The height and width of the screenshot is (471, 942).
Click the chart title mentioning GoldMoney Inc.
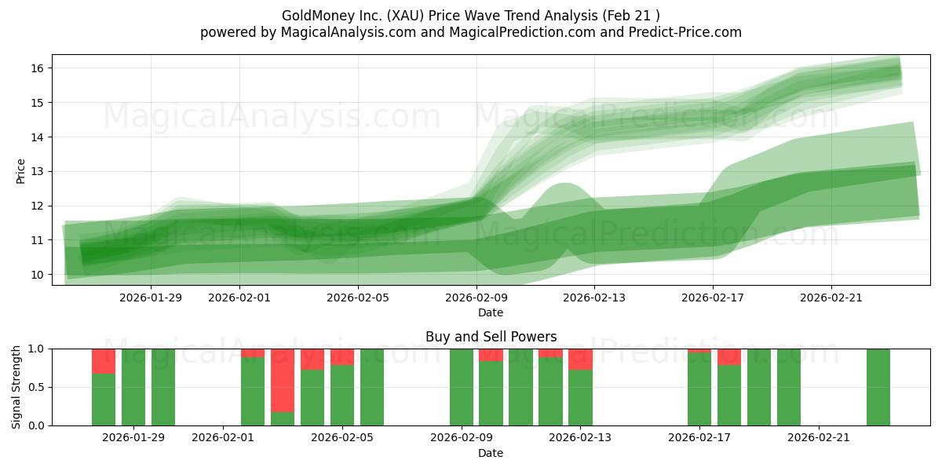point(471,15)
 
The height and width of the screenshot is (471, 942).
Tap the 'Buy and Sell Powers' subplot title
point(491,337)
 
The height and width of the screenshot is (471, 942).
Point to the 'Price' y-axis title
point(21,170)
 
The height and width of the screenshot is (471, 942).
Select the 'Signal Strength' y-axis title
point(16,387)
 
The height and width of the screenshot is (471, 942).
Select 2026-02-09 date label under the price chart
point(476,298)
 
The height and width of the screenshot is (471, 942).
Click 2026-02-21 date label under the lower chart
point(819,438)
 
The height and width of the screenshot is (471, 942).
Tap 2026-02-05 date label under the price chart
point(358,298)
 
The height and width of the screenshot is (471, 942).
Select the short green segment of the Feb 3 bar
point(283,418)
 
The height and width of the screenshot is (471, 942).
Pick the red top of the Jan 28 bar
point(104,361)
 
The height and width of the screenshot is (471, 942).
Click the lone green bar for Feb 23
point(878,387)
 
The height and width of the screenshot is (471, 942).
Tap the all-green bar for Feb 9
point(462,387)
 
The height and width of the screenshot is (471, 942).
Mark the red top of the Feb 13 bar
point(580,359)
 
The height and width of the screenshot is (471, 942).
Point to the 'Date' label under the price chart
point(491,312)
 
